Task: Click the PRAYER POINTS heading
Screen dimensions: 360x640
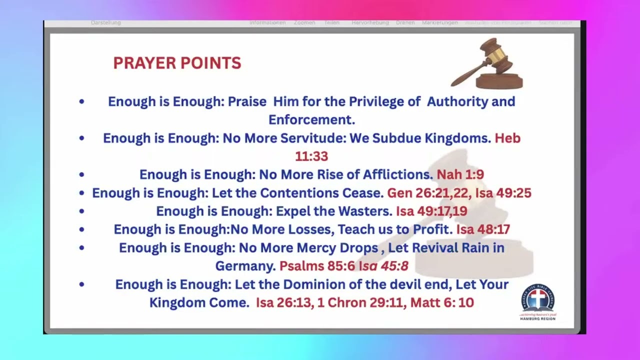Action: [177, 63]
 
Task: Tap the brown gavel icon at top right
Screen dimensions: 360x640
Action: [487, 64]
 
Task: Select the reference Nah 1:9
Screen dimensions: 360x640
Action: [460, 174]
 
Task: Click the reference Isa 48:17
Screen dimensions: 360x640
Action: [483, 229]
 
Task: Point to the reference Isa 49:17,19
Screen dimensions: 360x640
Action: [431, 211]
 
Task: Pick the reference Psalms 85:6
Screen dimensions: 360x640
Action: [317, 266]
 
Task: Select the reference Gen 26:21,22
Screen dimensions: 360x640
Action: [429, 193]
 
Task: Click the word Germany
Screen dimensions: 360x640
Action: [245, 266]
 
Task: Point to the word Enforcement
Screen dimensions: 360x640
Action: [311, 120]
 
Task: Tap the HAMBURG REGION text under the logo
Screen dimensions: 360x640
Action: [537, 318]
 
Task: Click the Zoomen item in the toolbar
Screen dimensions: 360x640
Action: [304, 23]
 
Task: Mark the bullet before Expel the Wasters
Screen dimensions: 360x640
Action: [81, 211]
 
